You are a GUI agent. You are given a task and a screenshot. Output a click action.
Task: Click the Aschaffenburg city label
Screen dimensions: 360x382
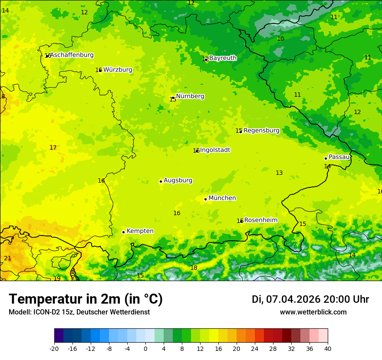pyautogui.click(x=72, y=55)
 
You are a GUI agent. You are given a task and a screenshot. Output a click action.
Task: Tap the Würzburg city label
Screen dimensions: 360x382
pyautogui.click(x=118, y=70)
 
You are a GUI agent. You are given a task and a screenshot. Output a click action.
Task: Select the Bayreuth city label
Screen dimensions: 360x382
pyautogui.click(x=223, y=58)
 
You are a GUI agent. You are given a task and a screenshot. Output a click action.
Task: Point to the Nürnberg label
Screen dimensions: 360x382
pyautogui.click(x=190, y=96)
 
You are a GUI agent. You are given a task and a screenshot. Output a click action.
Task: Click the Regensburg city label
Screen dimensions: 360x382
pyautogui.click(x=261, y=131)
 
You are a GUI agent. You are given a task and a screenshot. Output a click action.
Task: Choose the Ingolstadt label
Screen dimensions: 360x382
pyautogui.click(x=215, y=150)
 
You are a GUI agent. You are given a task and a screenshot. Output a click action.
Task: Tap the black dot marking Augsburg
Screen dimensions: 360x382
pyautogui.click(x=161, y=181)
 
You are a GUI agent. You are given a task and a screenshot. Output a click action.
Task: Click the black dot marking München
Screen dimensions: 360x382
pyautogui.click(x=205, y=199)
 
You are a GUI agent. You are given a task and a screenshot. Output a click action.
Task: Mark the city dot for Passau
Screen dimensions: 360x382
pyautogui.click(x=326, y=158)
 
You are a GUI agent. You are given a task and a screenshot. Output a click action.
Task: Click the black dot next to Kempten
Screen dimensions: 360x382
pyautogui.click(x=123, y=232)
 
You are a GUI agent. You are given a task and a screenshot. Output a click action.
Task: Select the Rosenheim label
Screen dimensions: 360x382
pyautogui.click(x=260, y=220)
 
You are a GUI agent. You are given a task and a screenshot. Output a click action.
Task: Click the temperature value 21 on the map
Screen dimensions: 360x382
pyautogui.click(x=7, y=259)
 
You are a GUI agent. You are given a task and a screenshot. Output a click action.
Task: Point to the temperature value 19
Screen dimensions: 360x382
pyautogui.click(x=57, y=278)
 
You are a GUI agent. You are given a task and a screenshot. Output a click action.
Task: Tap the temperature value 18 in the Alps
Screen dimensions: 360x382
pyautogui.click(x=194, y=268)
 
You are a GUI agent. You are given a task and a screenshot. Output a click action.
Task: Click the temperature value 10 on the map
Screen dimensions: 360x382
pyautogui.click(x=280, y=39)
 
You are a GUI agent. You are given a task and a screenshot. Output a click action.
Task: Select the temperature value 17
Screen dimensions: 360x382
pyautogui.click(x=53, y=148)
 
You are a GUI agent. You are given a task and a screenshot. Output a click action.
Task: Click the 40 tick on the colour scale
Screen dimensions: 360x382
pyautogui.click(x=327, y=349)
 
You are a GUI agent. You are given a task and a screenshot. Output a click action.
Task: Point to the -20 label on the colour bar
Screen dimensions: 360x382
pyautogui.click(x=54, y=349)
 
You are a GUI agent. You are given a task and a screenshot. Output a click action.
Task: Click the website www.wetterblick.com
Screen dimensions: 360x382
pyautogui.click(x=313, y=312)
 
